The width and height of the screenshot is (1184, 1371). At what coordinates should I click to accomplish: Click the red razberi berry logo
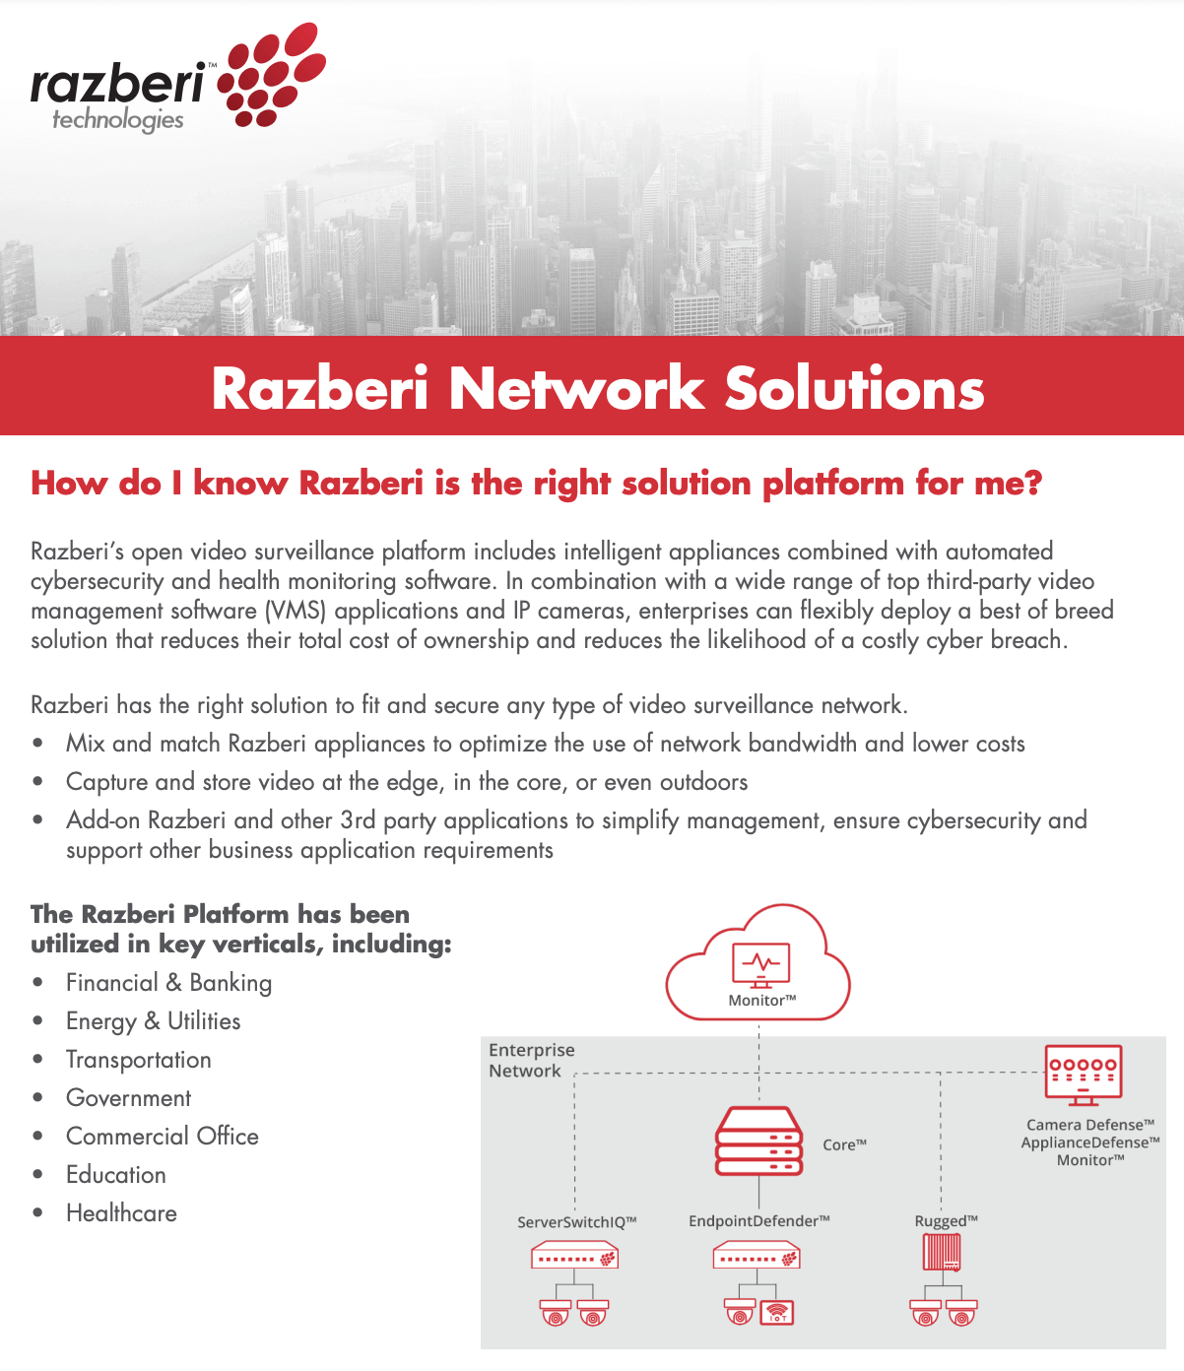271,74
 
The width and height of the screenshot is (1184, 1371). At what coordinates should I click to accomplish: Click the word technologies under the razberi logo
118,120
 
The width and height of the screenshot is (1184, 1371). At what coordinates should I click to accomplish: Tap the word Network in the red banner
576,389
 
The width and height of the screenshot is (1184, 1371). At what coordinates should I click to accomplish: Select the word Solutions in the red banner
854,389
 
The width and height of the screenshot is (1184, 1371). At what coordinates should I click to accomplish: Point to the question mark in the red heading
1032,483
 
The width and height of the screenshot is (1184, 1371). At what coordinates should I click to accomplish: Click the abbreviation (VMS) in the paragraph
296,611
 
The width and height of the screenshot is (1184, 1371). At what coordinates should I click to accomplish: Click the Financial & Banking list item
169,983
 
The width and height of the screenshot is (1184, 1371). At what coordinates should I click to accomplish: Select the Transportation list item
139,1060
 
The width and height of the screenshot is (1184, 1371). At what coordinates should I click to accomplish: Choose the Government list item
129,1098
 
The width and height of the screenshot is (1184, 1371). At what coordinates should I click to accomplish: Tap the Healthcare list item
121,1213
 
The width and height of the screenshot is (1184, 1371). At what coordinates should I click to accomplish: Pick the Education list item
116,1175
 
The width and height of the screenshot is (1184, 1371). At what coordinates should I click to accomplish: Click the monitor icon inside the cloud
760,965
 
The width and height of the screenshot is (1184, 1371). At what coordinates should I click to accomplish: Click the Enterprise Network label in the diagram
532,1060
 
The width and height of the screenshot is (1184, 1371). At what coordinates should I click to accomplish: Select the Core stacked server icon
758,1142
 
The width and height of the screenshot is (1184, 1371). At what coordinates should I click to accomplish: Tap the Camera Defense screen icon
1084,1076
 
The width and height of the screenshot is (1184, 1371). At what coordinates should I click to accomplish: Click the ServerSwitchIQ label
577,1221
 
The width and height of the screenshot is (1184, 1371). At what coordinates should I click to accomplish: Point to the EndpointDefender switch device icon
756,1255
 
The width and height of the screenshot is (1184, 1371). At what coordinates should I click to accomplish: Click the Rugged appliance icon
942,1255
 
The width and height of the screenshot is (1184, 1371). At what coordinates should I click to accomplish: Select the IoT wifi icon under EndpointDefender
777,1313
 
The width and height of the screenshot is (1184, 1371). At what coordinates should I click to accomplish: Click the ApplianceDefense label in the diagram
1090,1142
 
